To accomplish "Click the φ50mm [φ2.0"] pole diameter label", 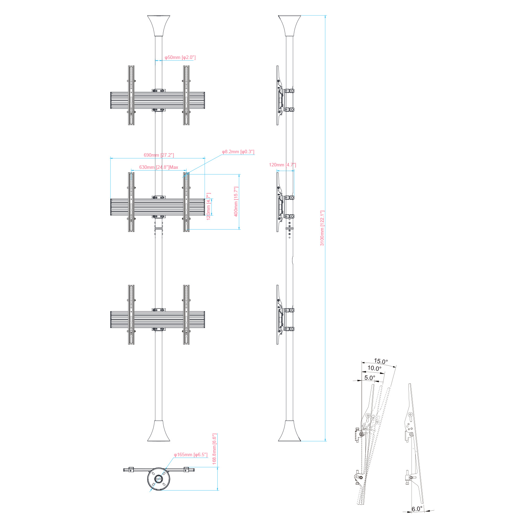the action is (180, 57).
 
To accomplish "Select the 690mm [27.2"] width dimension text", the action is (159, 155).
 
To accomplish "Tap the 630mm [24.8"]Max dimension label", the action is (159, 167).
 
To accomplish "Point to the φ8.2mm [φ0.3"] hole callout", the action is (238, 151).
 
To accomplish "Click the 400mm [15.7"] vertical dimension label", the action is (236, 201).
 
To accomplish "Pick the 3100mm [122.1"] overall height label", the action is (322, 228).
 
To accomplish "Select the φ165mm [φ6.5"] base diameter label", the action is (191, 454).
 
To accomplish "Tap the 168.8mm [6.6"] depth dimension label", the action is (215, 449).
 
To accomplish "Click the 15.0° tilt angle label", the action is (381, 361).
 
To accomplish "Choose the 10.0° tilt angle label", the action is (374, 369).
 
